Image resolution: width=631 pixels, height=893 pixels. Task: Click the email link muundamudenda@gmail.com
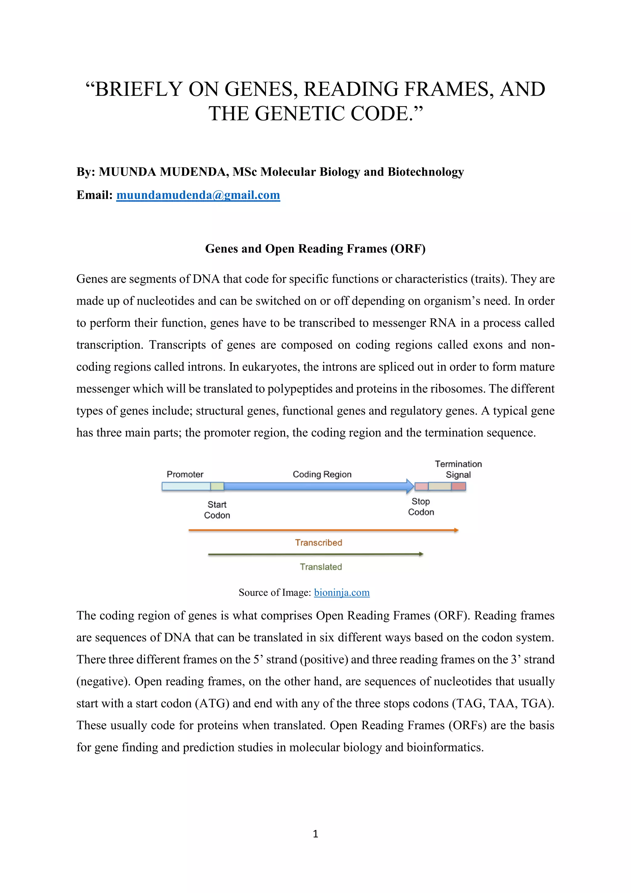[x=198, y=195]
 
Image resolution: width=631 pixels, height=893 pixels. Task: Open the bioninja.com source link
[x=341, y=592]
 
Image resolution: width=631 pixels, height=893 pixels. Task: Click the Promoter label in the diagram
[x=185, y=474]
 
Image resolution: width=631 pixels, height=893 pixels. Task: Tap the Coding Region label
[x=322, y=474]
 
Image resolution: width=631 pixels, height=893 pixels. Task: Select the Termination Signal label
[x=458, y=469]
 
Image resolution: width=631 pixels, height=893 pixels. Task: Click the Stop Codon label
[x=421, y=506]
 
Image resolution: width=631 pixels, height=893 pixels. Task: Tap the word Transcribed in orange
[x=318, y=543]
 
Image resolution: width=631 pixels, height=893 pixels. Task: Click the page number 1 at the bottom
[x=315, y=833]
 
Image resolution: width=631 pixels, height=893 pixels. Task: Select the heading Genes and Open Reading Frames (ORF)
[x=315, y=249]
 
